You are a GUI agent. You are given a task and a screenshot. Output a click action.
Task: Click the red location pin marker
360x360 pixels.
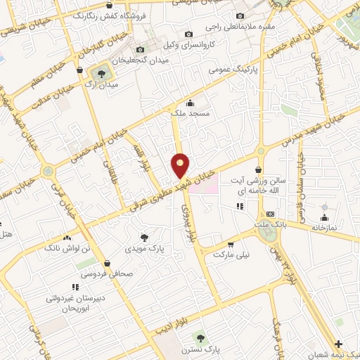coord(181,165)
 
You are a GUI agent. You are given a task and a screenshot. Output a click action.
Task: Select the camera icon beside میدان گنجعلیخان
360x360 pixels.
coord(140,49)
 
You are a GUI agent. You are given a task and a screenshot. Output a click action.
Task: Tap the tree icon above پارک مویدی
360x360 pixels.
coord(145,238)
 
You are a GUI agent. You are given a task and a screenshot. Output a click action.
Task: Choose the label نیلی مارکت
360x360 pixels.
coord(232,254)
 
